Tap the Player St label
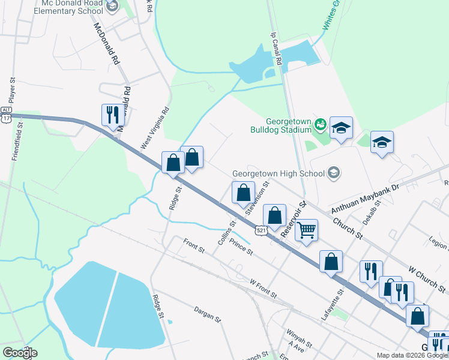[x=12, y=91]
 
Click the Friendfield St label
[x=17, y=142]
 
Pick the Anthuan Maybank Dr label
[x=365, y=199]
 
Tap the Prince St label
[x=241, y=248]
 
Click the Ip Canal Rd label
[x=276, y=49]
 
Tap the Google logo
[x=20, y=353]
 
